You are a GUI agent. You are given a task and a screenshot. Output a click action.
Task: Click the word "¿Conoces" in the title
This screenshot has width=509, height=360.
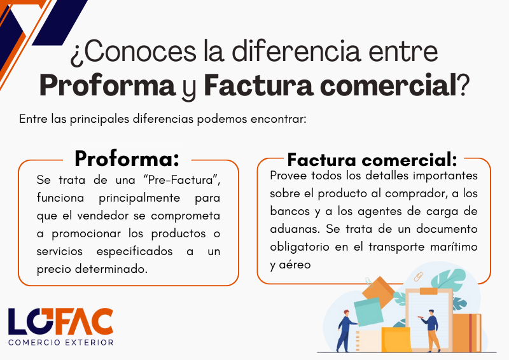134,52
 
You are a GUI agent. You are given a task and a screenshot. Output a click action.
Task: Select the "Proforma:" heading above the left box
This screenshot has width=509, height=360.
127,158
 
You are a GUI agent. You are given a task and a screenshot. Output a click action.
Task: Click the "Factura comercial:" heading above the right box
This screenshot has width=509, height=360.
372,160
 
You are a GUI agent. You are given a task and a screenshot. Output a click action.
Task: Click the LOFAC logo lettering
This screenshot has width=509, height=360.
60,321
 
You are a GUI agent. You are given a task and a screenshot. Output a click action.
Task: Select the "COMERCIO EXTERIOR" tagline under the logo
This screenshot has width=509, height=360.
60,342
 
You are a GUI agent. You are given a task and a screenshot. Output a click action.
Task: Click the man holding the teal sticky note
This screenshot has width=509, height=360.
344,331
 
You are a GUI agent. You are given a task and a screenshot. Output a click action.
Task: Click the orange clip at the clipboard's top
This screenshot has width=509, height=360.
428,291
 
